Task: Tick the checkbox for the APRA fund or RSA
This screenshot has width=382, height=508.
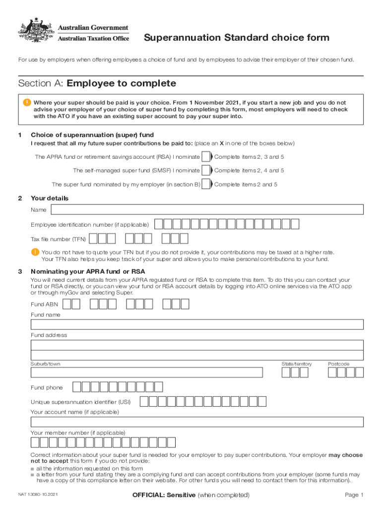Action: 205,157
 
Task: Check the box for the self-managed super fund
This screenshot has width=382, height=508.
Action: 205,171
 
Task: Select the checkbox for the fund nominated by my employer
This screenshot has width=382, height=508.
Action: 205,185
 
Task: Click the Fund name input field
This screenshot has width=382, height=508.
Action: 197,324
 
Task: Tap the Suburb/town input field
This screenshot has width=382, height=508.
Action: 147,373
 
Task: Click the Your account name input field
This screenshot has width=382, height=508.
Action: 197,422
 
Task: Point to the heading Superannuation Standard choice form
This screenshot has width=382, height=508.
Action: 236,38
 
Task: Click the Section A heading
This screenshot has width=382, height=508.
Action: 97,83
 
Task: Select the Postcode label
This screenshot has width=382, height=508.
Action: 338,364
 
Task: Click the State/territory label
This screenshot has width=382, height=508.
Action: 297,364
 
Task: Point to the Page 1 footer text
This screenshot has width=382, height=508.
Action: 354,495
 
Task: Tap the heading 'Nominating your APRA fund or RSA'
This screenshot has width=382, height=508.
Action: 88,271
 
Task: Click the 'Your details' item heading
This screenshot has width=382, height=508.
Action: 50,198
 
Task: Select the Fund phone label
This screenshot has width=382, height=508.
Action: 47,387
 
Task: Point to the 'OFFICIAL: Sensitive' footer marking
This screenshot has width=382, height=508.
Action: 191,495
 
